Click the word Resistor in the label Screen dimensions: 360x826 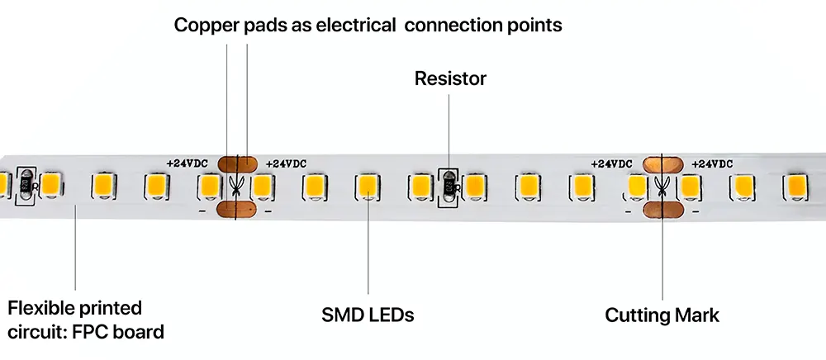coord(450,79)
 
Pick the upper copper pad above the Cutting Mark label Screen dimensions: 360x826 coord(662,163)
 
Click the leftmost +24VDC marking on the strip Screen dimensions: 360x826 coord(188,163)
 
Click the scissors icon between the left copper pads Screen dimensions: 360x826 coord(237,187)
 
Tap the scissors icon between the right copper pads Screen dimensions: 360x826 coord(662,187)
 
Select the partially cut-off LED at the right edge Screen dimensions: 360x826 coord(795,186)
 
